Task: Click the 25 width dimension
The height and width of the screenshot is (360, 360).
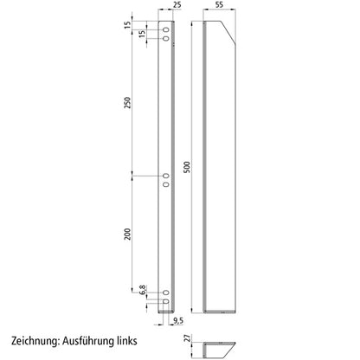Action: tap(177, 5)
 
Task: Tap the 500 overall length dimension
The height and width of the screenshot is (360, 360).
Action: tap(196, 164)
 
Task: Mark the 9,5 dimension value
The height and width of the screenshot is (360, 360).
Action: tap(177, 321)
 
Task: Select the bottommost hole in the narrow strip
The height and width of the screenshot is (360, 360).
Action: tap(166, 302)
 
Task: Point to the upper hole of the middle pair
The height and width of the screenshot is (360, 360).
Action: tap(166, 176)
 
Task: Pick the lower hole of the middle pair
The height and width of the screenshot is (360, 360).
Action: tap(166, 183)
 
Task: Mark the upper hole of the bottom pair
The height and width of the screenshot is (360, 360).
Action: tap(166, 294)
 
